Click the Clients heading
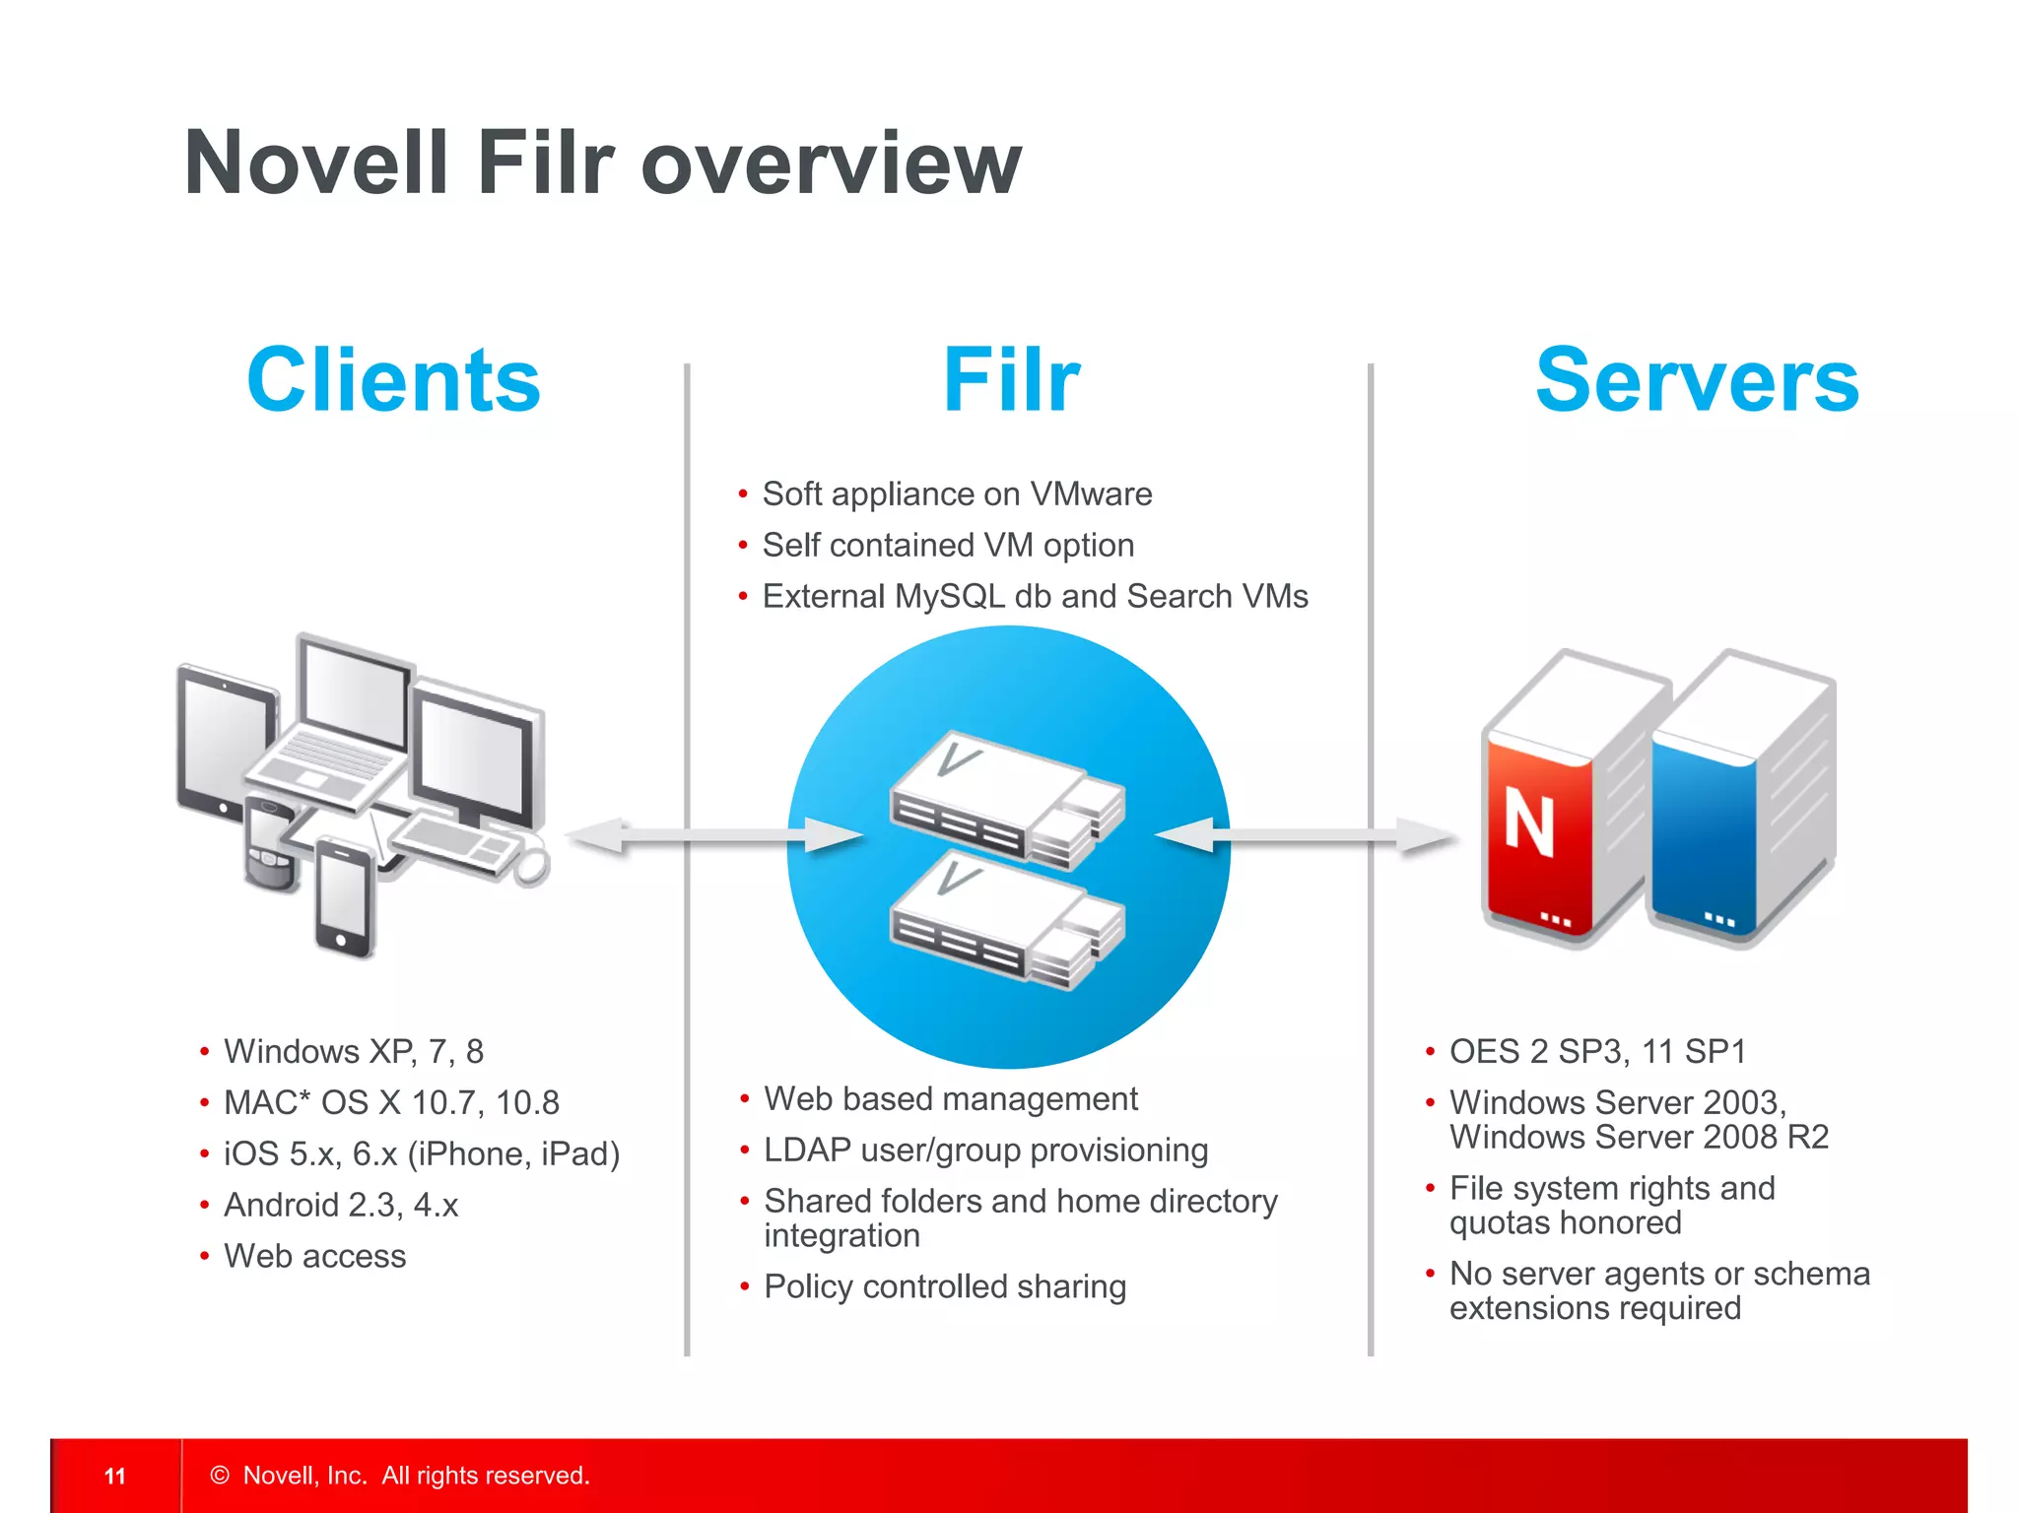point(393,381)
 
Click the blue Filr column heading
point(1011,381)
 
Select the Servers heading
point(1697,381)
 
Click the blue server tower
point(1703,837)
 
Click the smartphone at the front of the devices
point(344,896)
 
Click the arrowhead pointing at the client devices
point(596,836)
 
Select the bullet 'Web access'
point(314,1256)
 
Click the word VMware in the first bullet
point(1090,493)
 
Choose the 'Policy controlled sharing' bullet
point(944,1286)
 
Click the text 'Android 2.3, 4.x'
point(341,1205)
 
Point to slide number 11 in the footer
point(115,1476)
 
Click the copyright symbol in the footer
point(220,1476)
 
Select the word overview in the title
point(831,164)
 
